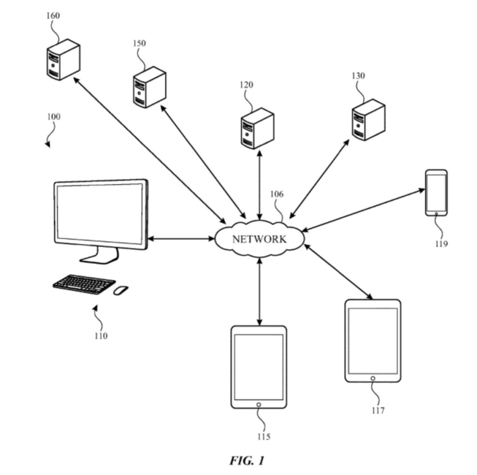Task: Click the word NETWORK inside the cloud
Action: coord(259,239)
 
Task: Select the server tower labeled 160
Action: coord(63,60)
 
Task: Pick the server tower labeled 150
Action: coord(149,87)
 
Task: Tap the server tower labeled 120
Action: coord(257,128)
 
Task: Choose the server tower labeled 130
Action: coord(368,120)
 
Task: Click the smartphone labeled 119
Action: coord(436,193)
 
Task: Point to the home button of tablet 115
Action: coord(259,405)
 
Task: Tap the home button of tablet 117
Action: coord(373,378)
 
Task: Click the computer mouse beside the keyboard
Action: coord(121,290)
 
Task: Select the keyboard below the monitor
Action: coord(84,284)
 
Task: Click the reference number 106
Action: coord(277,194)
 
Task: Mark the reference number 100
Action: coord(53,116)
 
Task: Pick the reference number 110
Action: coord(100,335)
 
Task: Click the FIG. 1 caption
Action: coord(247,461)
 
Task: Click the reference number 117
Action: coord(378,411)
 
